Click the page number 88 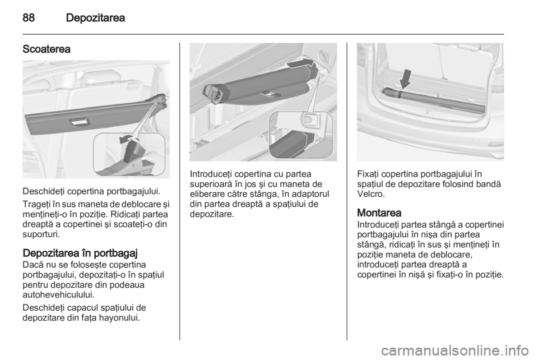click(x=29, y=17)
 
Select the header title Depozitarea click(x=95, y=17)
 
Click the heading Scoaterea click(x=47, y=49)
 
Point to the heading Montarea click(x=379, y=213)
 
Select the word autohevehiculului click(x=58, y=294)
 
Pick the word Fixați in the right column click(x=368, y=174)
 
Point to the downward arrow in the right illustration click(x=406, y=79)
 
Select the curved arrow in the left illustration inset click(x=128, y=139)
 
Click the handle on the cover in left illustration click(x=79, y=122)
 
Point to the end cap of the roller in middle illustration click(x=213, y=93)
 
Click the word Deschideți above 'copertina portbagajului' click(x=44, y=191)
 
